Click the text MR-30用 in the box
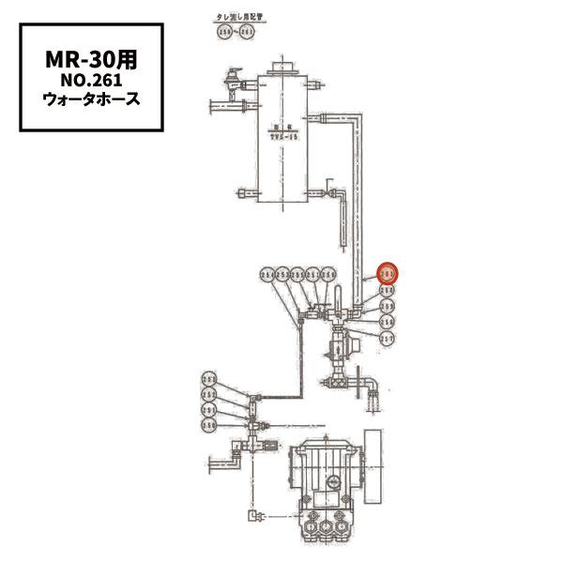tap(92, 57)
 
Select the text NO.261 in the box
tap(92, 79)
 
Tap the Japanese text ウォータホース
tap(92, 99)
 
